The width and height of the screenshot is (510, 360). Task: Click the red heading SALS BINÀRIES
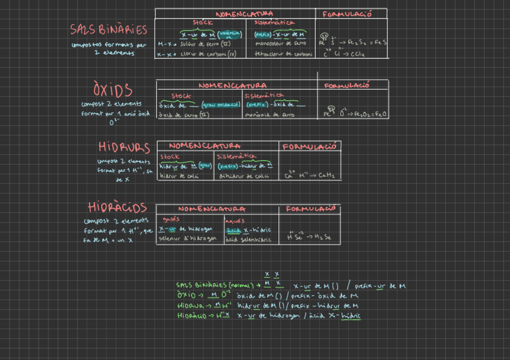(108, 29)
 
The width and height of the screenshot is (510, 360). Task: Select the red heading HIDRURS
(124, 147)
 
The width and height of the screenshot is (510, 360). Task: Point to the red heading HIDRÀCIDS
(117, 207)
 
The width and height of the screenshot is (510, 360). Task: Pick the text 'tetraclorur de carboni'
(283, 54)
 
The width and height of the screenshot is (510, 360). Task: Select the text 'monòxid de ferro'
(270, 114)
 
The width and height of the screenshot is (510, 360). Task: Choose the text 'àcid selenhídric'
(248, 239)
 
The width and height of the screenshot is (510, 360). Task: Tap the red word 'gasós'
(171, 219)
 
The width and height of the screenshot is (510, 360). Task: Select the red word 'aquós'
(235, 220)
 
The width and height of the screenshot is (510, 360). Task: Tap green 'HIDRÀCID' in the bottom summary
(192, 315)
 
